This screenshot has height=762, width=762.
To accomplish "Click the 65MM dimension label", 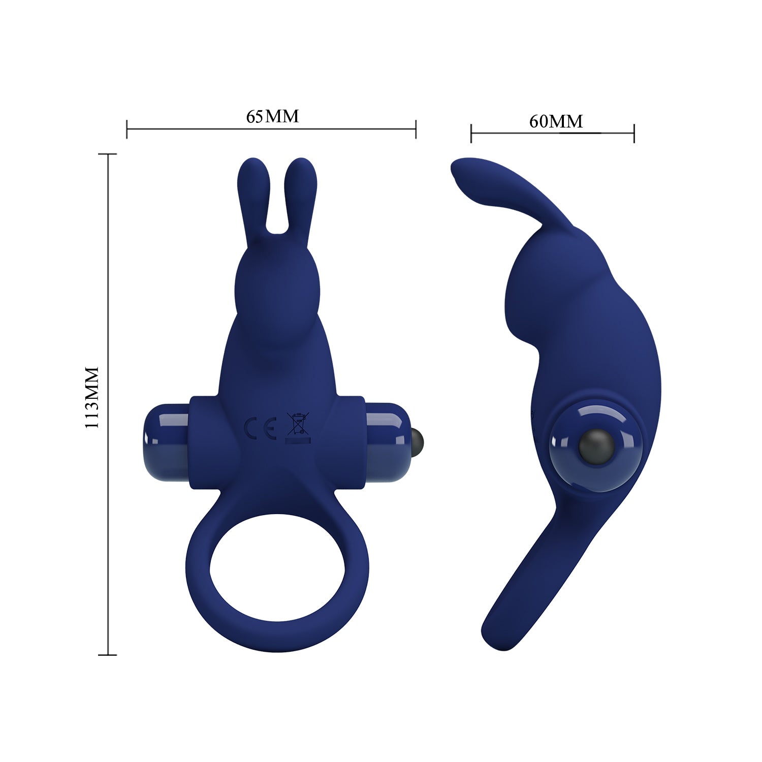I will (272, 116).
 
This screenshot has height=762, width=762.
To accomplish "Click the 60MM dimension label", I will (556, 121).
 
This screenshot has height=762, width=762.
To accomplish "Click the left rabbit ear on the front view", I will (252, 198).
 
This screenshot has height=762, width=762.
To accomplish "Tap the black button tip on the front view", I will (419, 437).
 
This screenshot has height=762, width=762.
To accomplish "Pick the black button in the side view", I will (596, 444).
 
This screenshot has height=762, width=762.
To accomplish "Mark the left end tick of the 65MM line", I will (127, 129).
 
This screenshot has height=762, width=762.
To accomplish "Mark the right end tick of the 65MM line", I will (416, 129).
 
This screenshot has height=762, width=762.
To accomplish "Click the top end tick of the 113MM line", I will (108, 154).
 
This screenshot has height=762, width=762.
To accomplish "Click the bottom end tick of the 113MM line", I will (108, 655).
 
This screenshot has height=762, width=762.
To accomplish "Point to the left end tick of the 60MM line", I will (471, 134).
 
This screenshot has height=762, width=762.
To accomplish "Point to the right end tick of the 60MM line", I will (634, 134).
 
